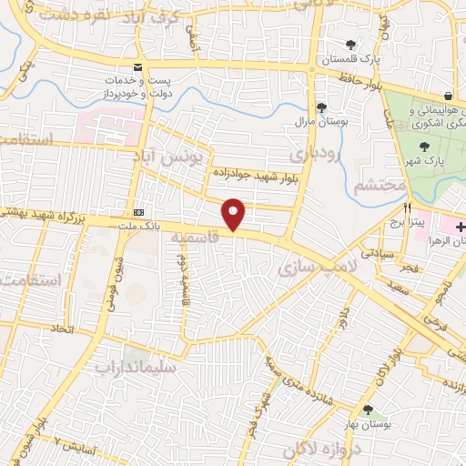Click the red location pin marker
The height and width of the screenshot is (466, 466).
[235, 214]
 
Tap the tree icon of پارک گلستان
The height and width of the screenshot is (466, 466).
[351, 45]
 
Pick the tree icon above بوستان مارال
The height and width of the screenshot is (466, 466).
[321, 106]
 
